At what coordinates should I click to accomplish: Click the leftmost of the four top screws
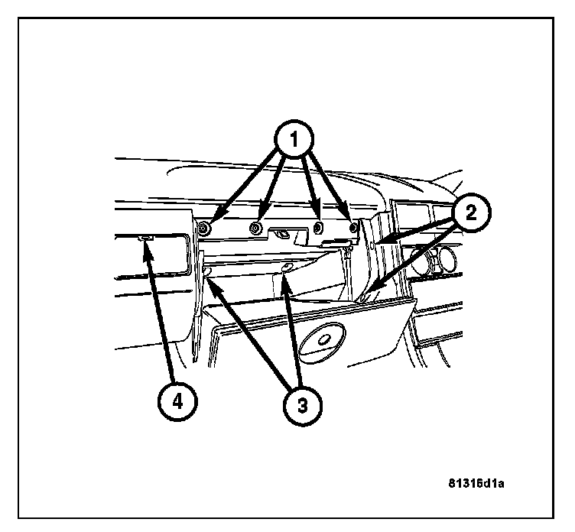point(205,229)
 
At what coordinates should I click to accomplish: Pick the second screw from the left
point(258,228)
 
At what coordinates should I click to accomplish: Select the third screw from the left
point(319,228)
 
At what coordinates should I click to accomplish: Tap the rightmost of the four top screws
point(352,227)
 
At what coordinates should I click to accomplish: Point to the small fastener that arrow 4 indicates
point(147,240)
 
